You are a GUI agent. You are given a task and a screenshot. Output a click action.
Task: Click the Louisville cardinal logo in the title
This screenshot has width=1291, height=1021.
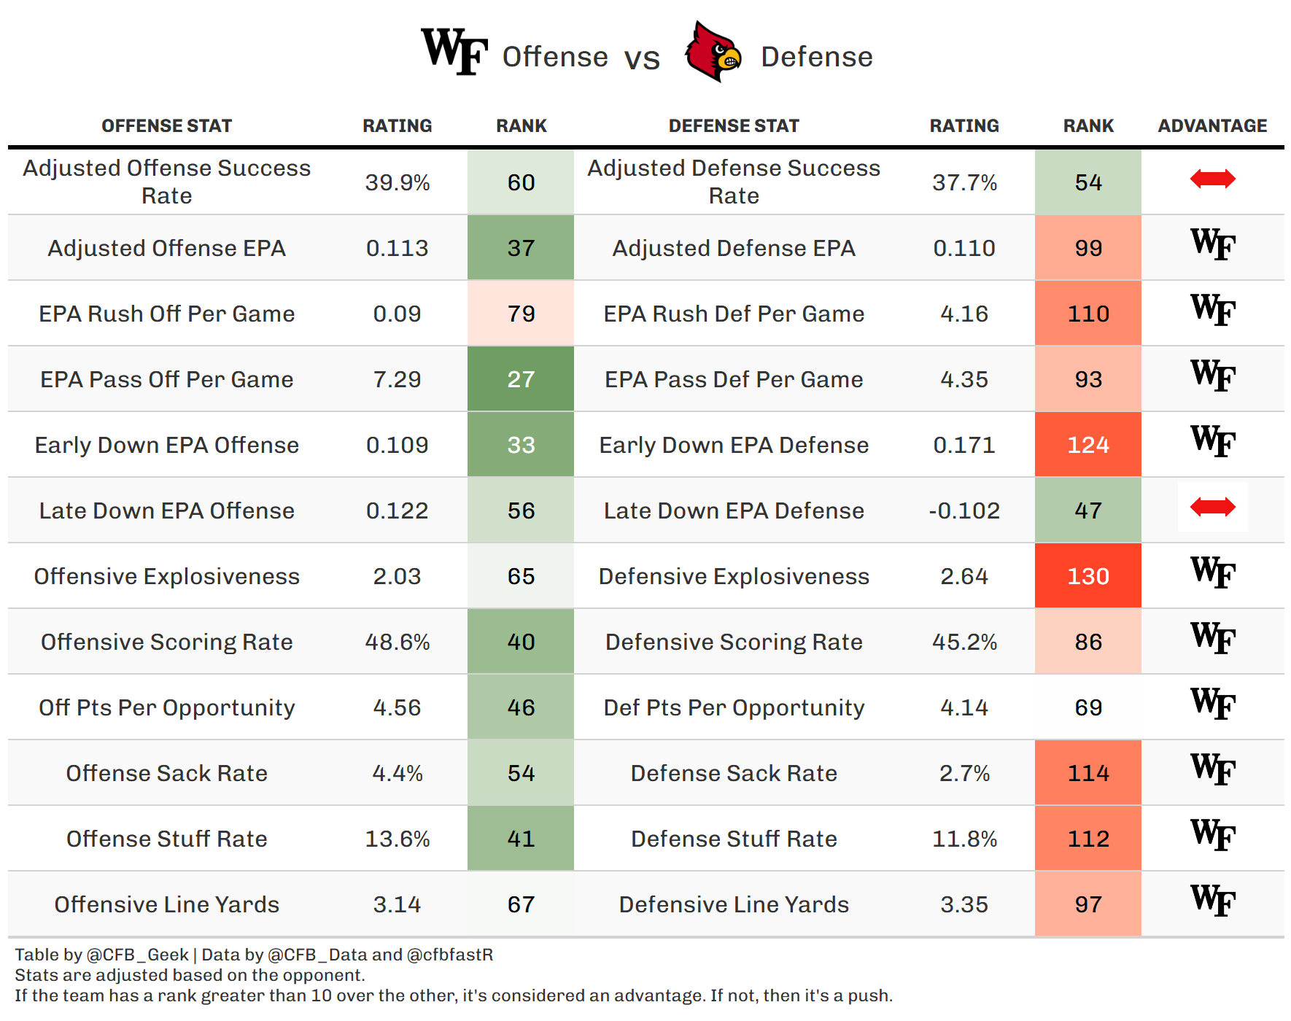point(713,52)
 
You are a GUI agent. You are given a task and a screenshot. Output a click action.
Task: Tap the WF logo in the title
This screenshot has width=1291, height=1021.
point(454,51)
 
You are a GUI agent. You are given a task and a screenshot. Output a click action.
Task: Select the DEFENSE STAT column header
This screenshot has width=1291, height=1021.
point(734,126)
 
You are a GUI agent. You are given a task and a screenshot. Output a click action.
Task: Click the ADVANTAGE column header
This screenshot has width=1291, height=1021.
point(1212,126)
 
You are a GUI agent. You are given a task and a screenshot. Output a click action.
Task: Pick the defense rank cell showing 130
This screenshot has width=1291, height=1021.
point(1088,576)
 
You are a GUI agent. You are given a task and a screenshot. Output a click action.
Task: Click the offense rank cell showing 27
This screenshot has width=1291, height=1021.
point(521,379)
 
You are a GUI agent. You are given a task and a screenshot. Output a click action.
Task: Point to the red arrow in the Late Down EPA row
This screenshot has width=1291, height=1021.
point(1212,507)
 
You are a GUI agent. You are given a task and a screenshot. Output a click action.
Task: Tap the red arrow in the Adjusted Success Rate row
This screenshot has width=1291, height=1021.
point(1212,179)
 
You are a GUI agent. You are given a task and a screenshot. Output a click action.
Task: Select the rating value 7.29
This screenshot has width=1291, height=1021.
point(398,379)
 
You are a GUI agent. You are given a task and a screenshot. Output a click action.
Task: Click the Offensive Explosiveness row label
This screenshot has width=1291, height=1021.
point(167,576)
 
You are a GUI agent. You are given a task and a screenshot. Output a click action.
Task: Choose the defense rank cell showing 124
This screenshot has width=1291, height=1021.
point(1088,445)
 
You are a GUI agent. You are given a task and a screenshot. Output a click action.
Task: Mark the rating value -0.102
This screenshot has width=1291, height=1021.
point(964,510)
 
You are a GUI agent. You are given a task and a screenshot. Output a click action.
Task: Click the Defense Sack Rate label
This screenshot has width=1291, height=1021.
point(734,773)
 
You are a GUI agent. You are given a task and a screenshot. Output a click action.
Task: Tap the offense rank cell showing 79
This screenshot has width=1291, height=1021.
point(521,314)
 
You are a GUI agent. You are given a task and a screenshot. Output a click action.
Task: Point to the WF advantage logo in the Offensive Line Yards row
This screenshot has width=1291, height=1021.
point(1213,901)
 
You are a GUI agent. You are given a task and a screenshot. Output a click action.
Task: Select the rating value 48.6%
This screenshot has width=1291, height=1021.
point(398,642)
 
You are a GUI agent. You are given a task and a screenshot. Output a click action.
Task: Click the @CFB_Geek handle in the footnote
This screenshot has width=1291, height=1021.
point(138,955)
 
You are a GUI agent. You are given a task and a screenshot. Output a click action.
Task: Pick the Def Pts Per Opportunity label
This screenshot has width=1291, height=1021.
point(734,708)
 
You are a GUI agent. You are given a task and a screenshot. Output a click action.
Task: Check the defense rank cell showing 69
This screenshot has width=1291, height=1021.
point(1088,707)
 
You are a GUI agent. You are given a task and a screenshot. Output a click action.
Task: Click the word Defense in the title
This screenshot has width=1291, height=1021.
point(817,57)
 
